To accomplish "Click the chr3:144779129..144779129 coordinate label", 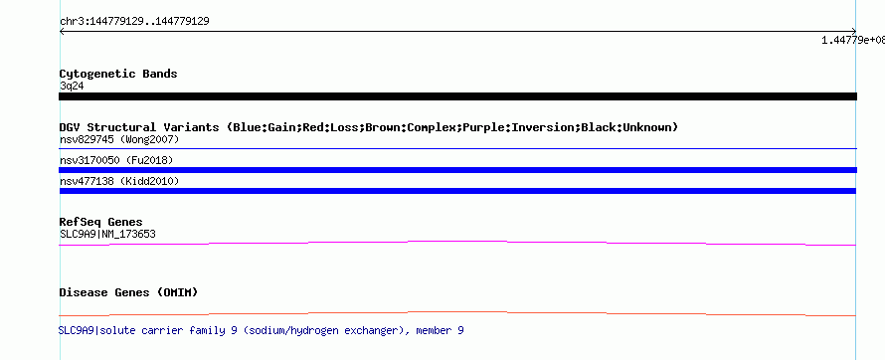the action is [x=134, y=22].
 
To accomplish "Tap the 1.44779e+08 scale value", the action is [x=853, y=40].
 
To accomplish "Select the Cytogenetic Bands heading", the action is [x=118, y=74].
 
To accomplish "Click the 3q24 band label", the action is [x=73, y=86].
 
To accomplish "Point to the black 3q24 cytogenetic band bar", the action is [x=457, y=96].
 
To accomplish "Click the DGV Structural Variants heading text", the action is [x=369, y=127].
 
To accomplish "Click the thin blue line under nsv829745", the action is [x=457, y=149].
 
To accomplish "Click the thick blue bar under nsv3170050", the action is [x=457, y=170].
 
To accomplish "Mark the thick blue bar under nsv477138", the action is [x=457, y=191].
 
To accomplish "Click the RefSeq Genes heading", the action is [x=101, y=222].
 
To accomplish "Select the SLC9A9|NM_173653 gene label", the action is [x=107, y=234].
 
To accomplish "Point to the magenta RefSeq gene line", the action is [x=457, y=243].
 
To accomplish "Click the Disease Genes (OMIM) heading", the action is [x=128, y=292].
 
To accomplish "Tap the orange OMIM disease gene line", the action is [x=457, y=313].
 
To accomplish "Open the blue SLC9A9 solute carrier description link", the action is [x=262, y=330].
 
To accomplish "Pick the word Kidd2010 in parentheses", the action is [x=149, y=181].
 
